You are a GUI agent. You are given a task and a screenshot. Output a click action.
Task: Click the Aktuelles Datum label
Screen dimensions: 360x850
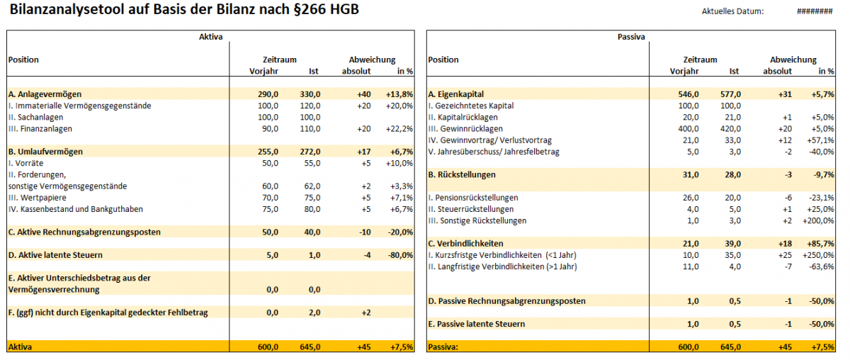732,11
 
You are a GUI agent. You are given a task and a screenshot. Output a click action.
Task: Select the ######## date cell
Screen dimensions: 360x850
814,11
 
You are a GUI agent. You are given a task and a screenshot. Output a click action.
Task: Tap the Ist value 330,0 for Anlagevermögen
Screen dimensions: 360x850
310,94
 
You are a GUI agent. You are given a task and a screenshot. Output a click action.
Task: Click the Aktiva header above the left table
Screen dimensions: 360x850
210,36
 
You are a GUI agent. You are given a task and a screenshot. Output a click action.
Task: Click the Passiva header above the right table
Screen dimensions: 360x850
631,36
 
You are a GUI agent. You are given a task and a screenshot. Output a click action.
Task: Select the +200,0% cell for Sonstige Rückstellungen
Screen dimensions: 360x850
818,220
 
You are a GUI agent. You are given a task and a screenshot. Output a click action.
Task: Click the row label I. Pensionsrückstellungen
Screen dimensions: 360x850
473,198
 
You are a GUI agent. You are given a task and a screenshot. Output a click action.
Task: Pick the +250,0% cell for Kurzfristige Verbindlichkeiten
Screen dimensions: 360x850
818,255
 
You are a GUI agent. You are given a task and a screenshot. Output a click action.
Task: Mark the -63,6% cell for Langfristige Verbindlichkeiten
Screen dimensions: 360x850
821,266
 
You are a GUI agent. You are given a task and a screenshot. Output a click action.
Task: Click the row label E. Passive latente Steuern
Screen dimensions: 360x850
477,324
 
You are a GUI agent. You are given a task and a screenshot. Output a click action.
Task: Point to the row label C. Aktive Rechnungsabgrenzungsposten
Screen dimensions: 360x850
84,232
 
